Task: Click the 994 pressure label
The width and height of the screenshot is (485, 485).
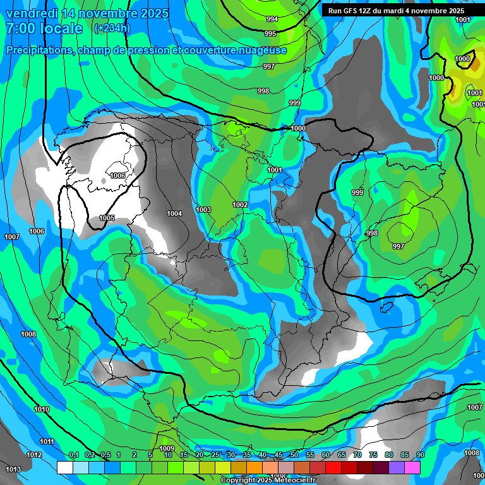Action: point(272,19)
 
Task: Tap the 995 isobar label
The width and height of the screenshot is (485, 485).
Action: point(270,33)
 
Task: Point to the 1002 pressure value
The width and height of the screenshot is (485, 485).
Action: point(240,205)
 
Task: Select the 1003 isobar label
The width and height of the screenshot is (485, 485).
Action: point(203,210)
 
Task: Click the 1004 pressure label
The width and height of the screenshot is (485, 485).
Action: point(174,213)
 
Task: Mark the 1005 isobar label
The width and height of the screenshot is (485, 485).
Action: point(107,218)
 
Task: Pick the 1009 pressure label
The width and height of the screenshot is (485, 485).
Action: point(167,448)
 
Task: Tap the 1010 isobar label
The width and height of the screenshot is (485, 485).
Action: point(42,410)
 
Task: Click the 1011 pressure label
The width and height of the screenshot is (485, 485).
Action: point(47,441)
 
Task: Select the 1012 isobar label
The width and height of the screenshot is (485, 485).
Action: point(34,455)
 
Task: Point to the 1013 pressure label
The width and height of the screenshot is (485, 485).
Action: point(13,469)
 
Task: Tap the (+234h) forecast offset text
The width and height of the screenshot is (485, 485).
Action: point(111,28)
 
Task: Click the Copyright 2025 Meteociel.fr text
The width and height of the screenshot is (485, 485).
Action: point(267,480)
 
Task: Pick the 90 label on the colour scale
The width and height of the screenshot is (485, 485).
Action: point(420,455)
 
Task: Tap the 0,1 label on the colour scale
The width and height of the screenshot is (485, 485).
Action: point(74,455)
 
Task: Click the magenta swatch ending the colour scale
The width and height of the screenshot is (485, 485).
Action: point(412,467)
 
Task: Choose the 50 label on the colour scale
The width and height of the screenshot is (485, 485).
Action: point(294,455)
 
